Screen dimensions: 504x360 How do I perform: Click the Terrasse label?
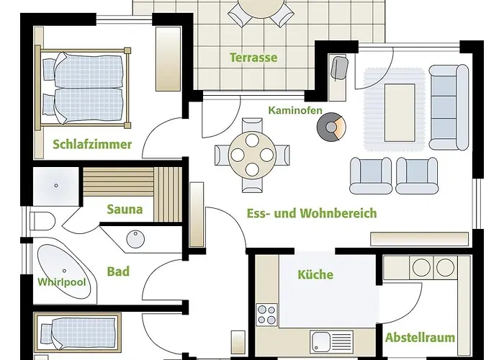tap(253, 58)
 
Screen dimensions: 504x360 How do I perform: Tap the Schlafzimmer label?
tap(92, 144)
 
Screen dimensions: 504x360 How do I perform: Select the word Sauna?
tap(125, 210)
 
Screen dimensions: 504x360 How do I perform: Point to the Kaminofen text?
tap(295, 110)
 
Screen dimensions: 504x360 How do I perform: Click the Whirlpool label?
tap(62, 282)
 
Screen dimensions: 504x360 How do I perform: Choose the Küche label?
tap(315, 274)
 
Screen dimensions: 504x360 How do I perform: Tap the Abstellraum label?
tap(420, 338)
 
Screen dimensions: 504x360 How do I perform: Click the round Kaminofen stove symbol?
tap(331, 127)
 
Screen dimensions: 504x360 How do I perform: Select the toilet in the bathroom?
tap(42, 221)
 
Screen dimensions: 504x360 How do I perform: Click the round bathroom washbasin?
tap(135, 239)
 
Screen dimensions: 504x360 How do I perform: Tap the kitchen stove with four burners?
tap(267, 315)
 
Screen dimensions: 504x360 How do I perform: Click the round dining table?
tap(252, 156)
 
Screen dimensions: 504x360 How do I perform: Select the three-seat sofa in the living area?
tap(449, 107)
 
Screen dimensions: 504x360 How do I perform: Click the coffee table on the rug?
tap(400, 113)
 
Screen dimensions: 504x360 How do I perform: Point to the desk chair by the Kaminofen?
tap(339, 68)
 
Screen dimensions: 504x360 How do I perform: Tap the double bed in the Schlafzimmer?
tap(83, 87)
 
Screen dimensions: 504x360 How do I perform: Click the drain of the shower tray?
tap(56, 186)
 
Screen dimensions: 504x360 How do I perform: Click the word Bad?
tap(118, 271)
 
